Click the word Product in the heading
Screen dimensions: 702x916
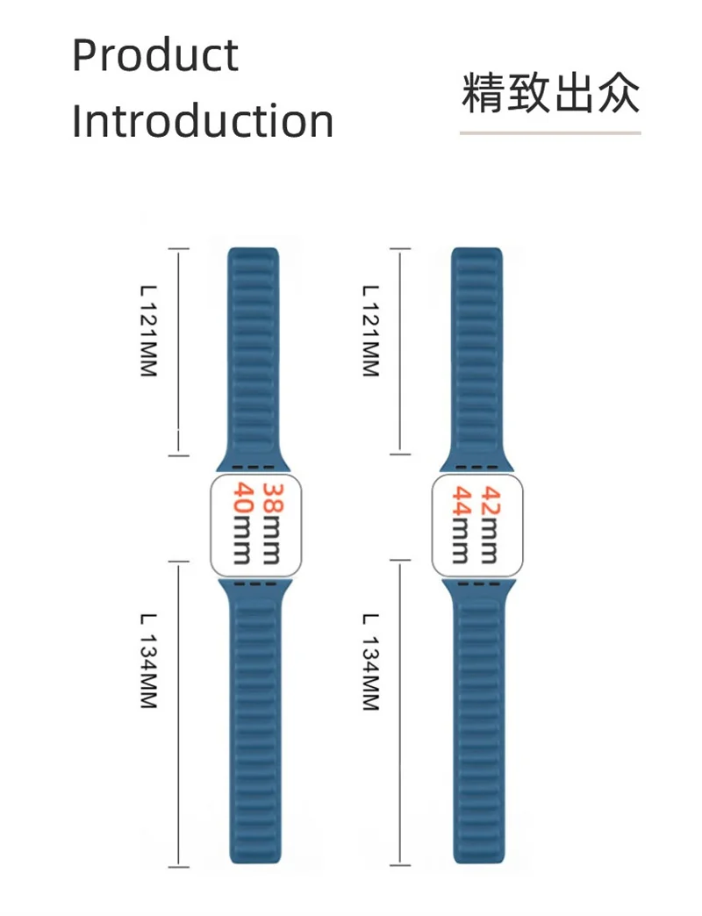[x=154, y=55]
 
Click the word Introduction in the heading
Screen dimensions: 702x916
[x=202, y=121]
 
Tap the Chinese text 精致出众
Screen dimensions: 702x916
[x=550, y=94]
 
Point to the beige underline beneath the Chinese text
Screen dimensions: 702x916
[x=550, y=133]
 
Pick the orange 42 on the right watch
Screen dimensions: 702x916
[x=493, y=500]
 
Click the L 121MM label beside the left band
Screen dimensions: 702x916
[x=148, y=332]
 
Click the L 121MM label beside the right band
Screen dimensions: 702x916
[x=370, y=332]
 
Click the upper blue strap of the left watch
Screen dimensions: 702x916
[x=254, y=351]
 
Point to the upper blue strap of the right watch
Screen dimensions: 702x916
[x=476, y=351]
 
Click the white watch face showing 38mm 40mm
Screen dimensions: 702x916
[x=254, y=525]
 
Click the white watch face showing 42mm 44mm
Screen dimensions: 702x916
[x=476, y=525]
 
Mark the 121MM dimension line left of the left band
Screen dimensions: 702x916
[x=179, y=351]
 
